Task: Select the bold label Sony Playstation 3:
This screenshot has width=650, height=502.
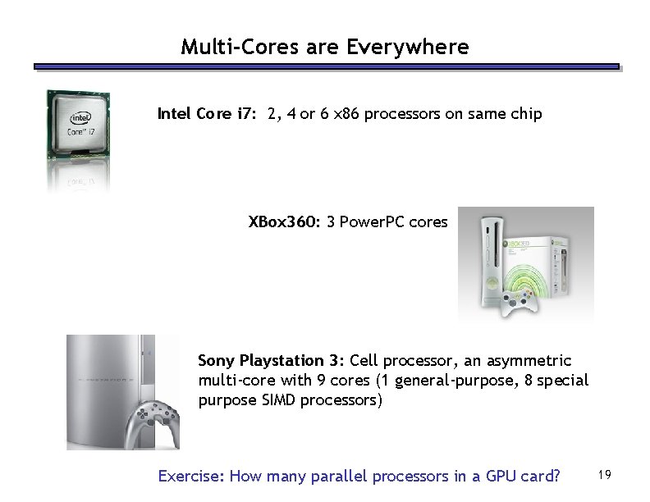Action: pos(271,361)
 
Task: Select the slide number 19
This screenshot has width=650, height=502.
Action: pos(607,474)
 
